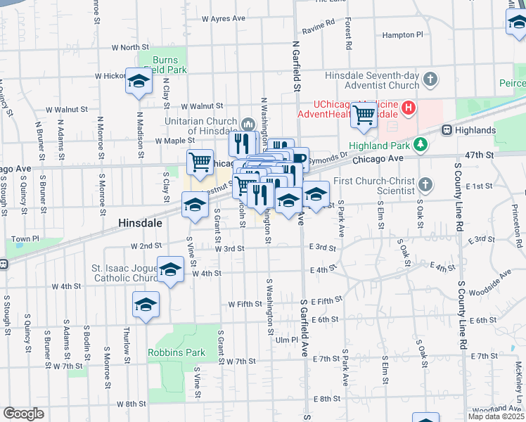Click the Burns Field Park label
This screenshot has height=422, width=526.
coord(162,65)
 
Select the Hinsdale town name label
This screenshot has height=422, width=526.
coord(140,222)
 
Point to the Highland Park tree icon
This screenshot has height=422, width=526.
coord(421,144)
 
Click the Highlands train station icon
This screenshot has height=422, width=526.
coord(447,130)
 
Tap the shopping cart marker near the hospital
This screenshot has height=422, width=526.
coord(364,114)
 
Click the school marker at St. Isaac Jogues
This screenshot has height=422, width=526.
coord(170,271)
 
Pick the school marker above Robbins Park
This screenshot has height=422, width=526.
coord(146,305)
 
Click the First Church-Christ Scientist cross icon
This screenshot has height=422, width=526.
coord(425,185)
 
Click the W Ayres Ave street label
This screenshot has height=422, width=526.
coord(223,18)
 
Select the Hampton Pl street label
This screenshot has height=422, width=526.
coord(403,34)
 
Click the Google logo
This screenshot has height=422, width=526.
coord(23,414)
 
